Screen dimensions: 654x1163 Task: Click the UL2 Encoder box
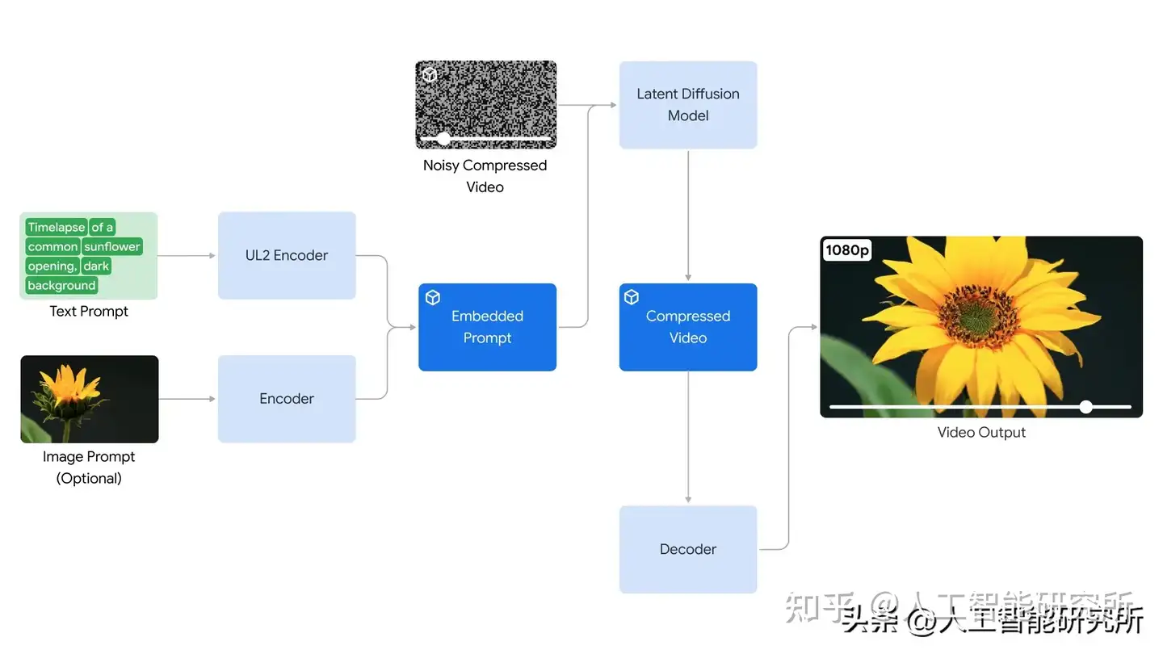pos(287,255)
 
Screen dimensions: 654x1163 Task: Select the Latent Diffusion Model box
pos(688,105)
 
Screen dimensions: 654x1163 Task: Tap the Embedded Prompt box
pos(487,327)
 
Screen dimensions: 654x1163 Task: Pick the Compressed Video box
pos(688,327)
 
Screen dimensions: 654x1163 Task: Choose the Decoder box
pos(688,549)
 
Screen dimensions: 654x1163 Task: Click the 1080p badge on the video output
pos(847,250)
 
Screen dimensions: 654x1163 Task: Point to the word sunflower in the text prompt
pos(112,246)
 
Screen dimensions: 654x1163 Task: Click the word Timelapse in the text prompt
pos(56,228)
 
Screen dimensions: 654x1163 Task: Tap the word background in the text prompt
pos(61,285)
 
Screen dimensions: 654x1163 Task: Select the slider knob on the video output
pos(1086,407)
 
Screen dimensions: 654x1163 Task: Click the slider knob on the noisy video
pos(443,139)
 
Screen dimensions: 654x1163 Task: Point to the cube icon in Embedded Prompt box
pos(433,298)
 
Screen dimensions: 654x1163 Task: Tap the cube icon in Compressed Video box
pos(632,298)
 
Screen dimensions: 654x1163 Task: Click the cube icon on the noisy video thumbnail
pos(430,75)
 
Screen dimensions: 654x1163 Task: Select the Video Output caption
pos(981,432)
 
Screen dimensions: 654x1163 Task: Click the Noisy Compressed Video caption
pos(485,175)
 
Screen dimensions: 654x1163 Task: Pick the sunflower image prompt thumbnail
pos(89,399)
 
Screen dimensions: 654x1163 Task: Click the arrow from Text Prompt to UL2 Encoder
pos(187,255)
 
